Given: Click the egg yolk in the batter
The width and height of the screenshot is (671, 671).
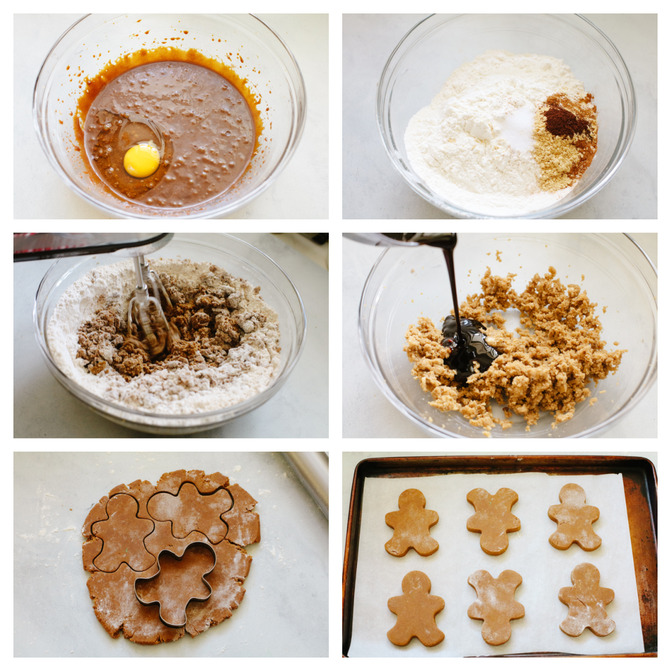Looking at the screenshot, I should point(142,160).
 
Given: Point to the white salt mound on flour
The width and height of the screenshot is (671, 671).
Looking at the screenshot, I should point(517,127).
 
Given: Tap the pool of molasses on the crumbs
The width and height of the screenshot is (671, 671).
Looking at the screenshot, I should point(470,346).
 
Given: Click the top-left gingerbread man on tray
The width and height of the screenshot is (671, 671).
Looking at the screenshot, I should point(411,522).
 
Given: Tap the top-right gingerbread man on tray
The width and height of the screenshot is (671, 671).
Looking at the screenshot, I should point(574,517).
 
